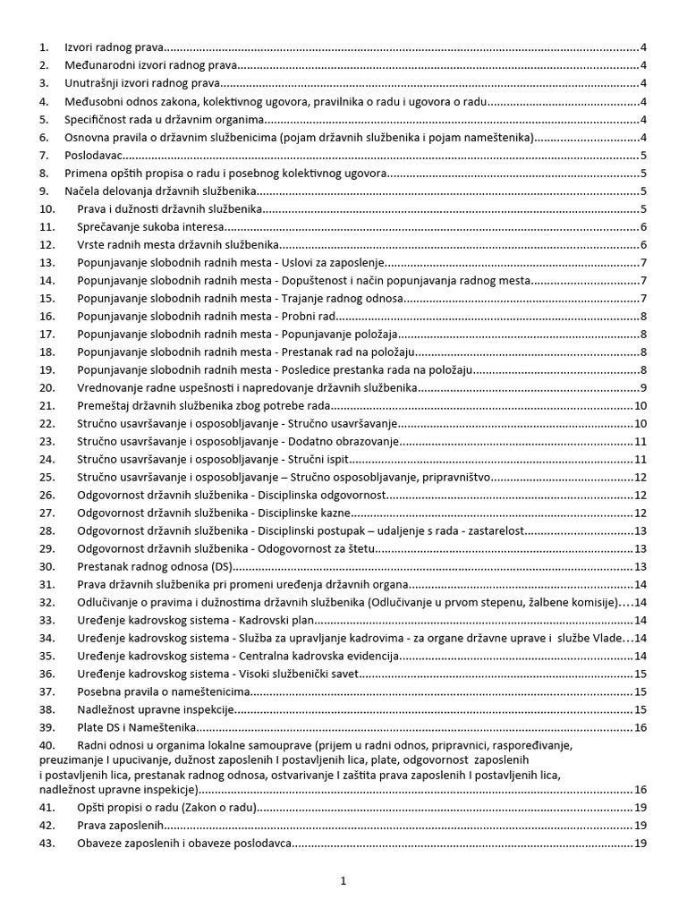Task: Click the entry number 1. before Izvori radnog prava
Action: tap(44, 47)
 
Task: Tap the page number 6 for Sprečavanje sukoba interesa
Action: tap(644, 226)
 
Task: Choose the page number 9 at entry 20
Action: tap(644, 387)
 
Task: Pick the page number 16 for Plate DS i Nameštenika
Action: tap(640, 727)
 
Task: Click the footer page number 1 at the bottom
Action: tap(343, 881)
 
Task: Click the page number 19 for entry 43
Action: tap(640, 843)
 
